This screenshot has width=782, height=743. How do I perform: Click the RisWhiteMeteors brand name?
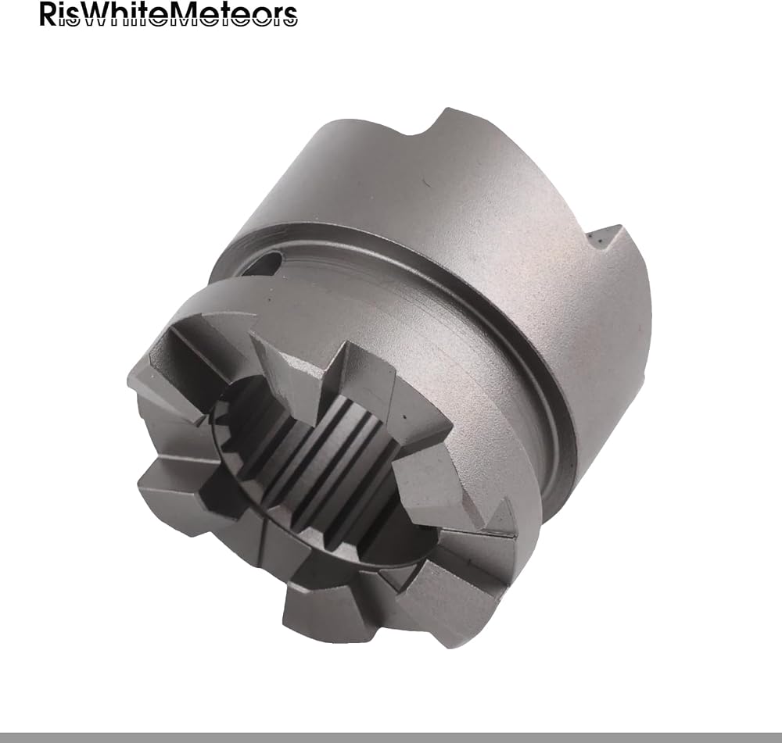[169, 14]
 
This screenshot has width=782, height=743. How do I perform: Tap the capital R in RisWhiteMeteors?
[48, 14]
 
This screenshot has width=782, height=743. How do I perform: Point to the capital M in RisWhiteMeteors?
[189, 14]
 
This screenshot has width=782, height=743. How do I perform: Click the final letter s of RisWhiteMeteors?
[289, 17]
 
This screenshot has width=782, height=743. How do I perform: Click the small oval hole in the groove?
[272, 262]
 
